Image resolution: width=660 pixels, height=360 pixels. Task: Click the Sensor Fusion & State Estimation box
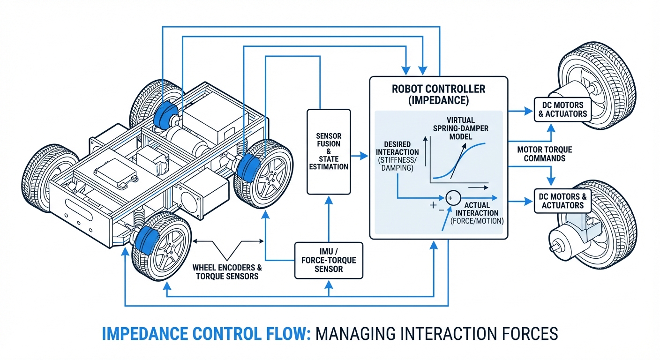[328, 151]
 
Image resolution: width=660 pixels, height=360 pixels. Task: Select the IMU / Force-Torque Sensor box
[328, 258]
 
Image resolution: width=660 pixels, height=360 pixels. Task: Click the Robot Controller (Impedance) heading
[438, 93]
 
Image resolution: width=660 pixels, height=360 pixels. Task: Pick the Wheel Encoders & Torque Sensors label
[227, 272]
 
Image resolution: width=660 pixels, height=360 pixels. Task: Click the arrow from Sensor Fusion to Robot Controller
[360, 155]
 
